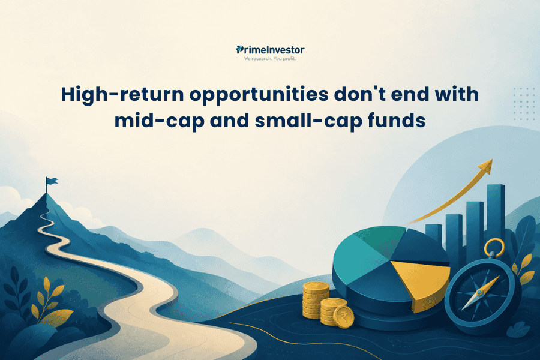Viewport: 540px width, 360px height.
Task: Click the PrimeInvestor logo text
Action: (270, 50)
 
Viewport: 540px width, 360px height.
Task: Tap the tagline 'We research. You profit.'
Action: (270, 59)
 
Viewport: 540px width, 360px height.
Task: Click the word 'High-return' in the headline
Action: (122, 95)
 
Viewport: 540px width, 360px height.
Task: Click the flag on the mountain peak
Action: (52, 181)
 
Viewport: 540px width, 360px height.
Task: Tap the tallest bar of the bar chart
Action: (496, 220)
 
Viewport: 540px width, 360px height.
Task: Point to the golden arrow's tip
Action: (492, 160)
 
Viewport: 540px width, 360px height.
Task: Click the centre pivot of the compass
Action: (479, 293)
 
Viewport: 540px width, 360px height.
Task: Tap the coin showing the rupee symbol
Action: (344, 317)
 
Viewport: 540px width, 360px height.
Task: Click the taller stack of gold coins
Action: (316, 300)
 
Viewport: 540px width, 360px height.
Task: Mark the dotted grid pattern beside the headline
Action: (524, 104)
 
